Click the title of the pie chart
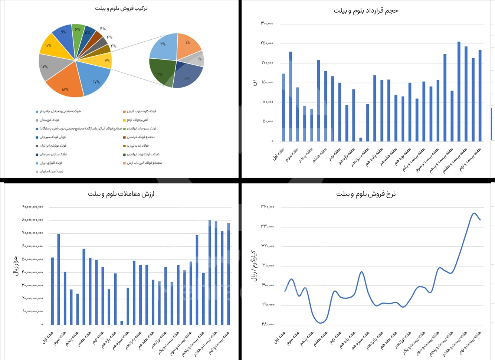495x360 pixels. click(121, 8)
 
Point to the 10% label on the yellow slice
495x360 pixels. click(48, 45)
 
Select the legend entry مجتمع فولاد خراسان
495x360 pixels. click(141, 137)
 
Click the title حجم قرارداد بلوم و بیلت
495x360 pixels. click(365, 11)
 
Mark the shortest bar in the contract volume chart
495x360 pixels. click(361, 140)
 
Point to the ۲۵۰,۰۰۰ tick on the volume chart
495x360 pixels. click(267, 43)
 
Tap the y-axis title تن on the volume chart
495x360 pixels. click(255, 82)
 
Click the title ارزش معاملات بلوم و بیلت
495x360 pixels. click(121, 194)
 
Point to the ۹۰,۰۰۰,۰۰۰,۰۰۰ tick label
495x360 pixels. click(32, 207)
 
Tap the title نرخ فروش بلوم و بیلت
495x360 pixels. click(366, 194)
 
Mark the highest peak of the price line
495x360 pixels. click(474, 213)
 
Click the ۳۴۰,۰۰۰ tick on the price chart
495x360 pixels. click(268, 206)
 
